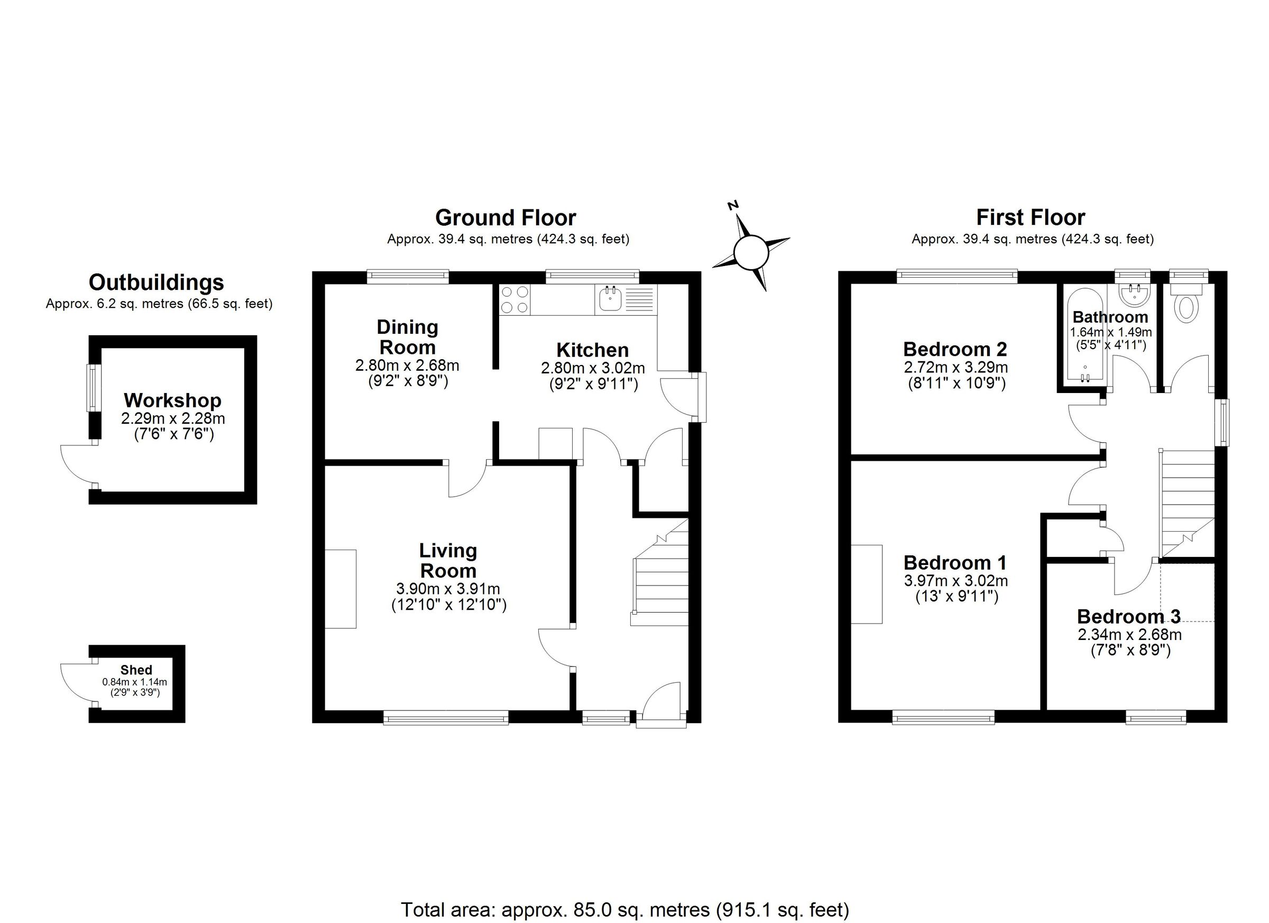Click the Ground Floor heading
(x=505, y=218)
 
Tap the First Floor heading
(x=1031, y=217)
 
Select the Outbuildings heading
(x=156, y=282)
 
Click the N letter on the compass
(x=733, y=205)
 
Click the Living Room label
(x=448, y=561)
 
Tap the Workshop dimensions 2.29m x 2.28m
(x=173, y=418)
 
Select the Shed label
(x=136, y=670)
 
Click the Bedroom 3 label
(x=1128, y=617)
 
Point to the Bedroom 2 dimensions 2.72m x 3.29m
(x=955, y=367)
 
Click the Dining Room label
(x=407, y=337)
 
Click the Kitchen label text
(x=592, y=350)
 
